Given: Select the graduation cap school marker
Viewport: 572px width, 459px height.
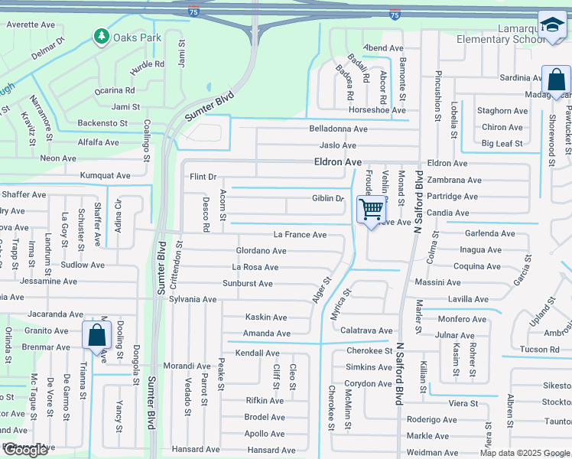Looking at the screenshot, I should tap(551, 26).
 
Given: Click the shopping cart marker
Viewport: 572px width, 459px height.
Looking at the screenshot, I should tap(371, 208).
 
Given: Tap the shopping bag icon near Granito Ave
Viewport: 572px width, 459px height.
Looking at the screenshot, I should tap(96, 335).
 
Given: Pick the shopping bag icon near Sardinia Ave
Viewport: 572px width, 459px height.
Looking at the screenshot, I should tap(556, 80).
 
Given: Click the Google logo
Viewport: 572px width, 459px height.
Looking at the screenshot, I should tap(25, 450).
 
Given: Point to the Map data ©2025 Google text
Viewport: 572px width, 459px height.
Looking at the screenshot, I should tap(525, 453).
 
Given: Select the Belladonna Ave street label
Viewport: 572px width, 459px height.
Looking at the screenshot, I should tap(338, 129).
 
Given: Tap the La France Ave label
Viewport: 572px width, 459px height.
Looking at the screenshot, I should tap(300, 235).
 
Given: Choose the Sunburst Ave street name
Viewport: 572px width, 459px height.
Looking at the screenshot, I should tap(247, 284).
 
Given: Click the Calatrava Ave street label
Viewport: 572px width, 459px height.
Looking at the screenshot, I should tap(366, 330).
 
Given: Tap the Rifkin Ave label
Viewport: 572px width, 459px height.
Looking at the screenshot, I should tap(265, 400).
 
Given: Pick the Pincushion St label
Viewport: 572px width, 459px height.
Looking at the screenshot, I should tap(438, 96).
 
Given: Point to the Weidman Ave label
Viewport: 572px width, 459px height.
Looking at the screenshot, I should tap(433, 453).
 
